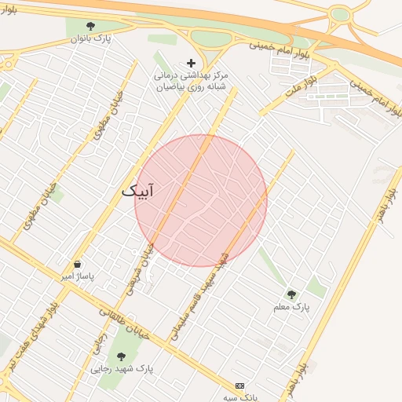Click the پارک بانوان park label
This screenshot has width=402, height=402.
(x=92, y=38)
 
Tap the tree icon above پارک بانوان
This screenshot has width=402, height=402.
(x=92, y=26)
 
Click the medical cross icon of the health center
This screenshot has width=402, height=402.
(x=190, y=63)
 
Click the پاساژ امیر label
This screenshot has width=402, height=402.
(x=78, y=277)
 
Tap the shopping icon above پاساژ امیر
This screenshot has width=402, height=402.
(x=77, y=265)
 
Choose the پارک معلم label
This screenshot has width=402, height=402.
(x=291, y=307)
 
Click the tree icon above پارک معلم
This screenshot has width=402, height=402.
(x=291, y=294)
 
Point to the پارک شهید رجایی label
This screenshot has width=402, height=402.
(x=122, y=368)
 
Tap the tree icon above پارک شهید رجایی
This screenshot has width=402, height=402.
(x=121, y=356)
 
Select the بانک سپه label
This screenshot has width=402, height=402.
(x=240, y=398)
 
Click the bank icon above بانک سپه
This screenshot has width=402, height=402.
(x=239, y=386)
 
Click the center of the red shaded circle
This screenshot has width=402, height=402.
(x=201, y=201)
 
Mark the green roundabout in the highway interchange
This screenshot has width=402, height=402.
(x=339, y=14)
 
